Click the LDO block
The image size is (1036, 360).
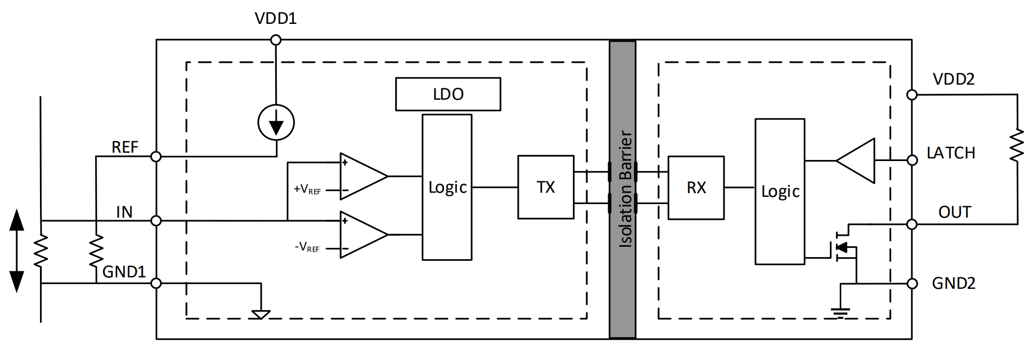tap(448, 94)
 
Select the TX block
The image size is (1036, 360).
tap(546, 187)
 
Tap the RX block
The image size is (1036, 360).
tap(696, 188)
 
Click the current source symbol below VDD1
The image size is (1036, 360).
tap(276, 123)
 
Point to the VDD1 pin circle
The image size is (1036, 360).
tap(276, 40)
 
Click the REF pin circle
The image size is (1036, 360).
tap(156, 156)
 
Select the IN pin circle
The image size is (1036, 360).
tap(156, 221)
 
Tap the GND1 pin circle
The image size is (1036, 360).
tap(156, 283)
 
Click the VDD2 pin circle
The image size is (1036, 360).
tap(912, 95)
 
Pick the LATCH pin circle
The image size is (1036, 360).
tap(912, 160)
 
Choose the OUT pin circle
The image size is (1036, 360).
tap(912, 224)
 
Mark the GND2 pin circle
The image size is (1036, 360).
tap(912, 284)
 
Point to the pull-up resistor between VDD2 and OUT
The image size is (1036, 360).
tap(1017, 145)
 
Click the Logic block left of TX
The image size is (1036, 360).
tap(447, 187)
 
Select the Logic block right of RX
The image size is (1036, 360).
tap(780, 191)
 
